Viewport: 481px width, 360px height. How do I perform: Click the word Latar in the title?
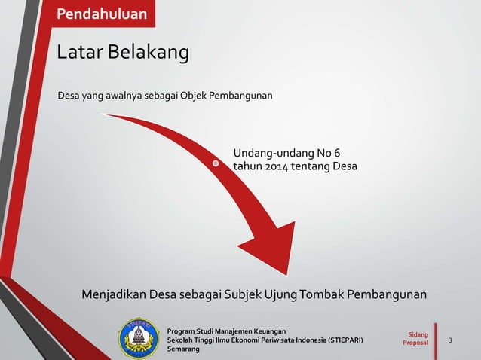[79, 53]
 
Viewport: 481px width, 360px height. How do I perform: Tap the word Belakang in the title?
[148, 53]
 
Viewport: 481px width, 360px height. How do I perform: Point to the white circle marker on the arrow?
[216, 163]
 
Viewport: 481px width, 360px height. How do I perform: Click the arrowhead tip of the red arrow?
[287, 273]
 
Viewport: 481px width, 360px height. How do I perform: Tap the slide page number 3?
[451, 340]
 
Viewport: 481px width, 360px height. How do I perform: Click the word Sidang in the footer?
[416, 334]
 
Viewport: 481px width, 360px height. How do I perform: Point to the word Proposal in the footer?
[415, 343]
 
